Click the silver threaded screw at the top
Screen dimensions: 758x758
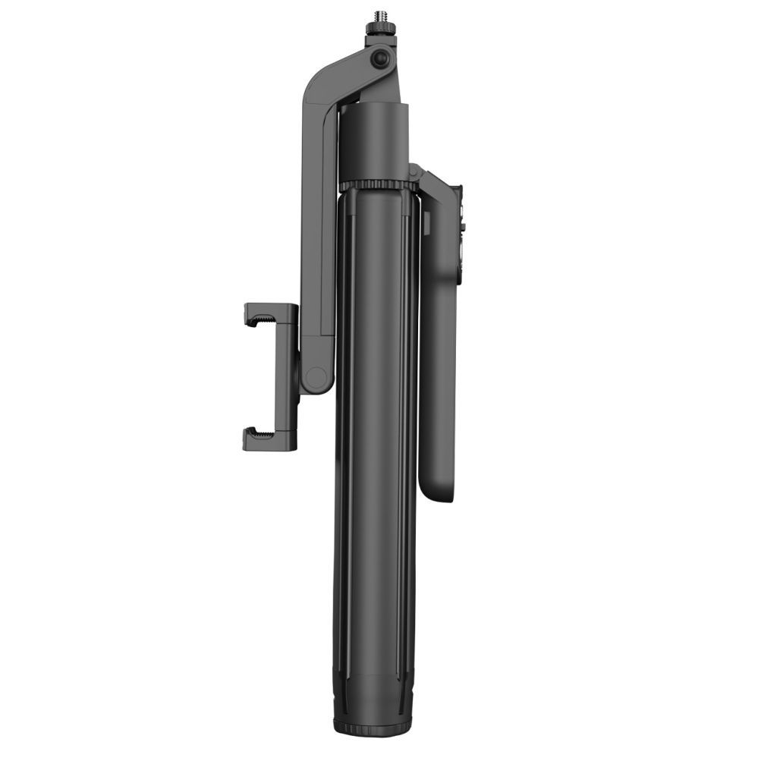374,16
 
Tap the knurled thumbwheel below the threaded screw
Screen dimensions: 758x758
375,29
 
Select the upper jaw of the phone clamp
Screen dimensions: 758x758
266,313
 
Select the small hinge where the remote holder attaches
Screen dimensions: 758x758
414,173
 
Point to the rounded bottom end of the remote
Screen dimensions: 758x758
438,493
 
